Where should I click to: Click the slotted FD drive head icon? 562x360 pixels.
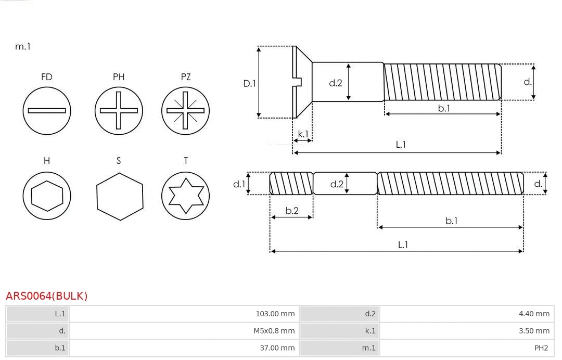[47, 110]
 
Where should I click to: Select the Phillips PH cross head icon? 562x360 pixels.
[119, 110]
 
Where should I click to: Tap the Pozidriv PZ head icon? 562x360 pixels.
[186, 110]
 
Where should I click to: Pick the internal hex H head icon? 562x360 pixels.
[47, 196]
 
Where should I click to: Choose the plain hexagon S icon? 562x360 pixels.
[119, 196]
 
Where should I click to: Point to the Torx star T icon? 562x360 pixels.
[186, 196]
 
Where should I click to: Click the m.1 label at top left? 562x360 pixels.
[23, 46]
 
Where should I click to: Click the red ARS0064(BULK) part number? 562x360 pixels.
[46, 296]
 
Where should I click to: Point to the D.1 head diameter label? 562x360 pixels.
[250, 83]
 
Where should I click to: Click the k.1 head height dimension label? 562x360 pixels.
[303, 134]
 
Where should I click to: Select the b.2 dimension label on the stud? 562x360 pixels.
[292, 210]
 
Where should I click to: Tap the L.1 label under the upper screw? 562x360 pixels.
[401, 145]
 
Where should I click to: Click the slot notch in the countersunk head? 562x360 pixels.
[298, 82]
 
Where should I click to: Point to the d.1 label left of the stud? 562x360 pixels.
[238, 184]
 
